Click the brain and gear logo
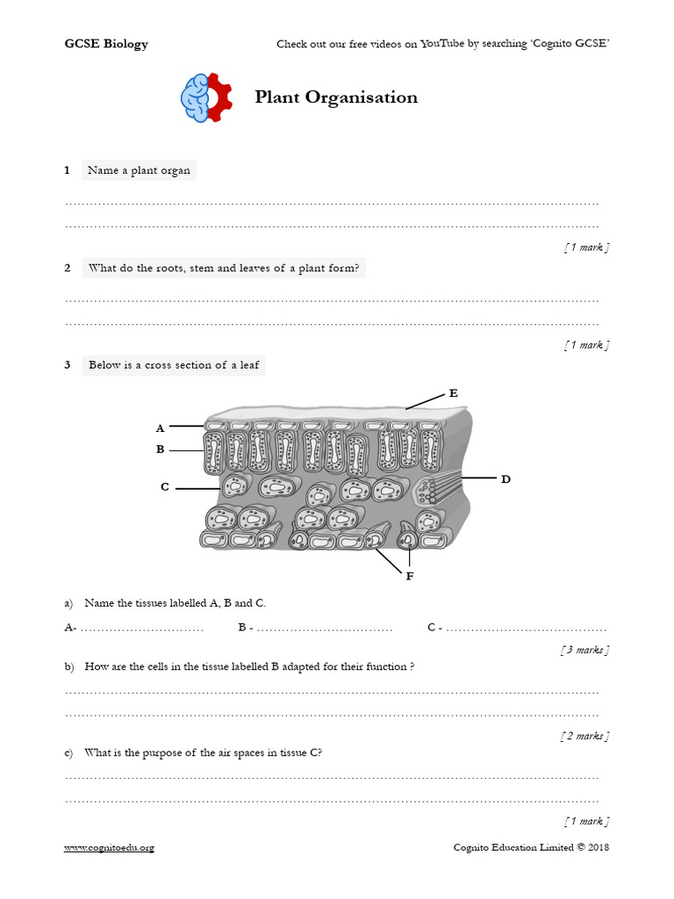(205, 97)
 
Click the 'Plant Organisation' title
(336, 97)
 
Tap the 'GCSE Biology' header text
(106, 44)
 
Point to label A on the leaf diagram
(160, 428)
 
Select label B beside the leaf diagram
(160, 449)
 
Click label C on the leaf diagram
(164, 486)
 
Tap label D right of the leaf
(505, 479)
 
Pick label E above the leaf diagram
(453, 393)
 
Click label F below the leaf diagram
(409, 576)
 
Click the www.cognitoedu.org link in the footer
(109, 847)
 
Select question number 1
(67, 170)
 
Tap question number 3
(67, 365)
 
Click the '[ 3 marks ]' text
(584, 650)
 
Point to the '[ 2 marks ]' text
(584, 736)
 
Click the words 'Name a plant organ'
(139, 170)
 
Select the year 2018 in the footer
(598, 847)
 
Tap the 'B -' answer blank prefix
(246, 628)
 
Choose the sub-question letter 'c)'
(69, 752)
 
